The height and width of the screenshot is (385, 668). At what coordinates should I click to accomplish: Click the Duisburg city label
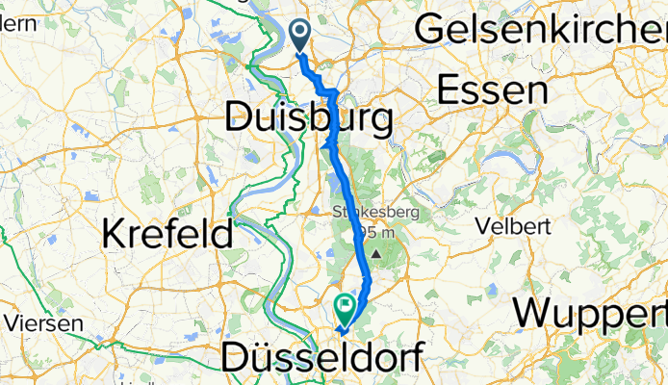pos(308,120)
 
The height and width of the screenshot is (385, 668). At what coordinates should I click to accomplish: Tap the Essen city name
pos(492,91)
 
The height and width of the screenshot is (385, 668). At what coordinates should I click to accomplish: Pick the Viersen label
pos(41,323)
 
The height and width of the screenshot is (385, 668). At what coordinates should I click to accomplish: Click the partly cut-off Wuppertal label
pos(590,315)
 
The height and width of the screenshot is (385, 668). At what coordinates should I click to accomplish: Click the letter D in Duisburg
pos(237,120)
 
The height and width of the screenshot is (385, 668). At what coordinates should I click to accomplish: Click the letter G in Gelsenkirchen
pos(427,31)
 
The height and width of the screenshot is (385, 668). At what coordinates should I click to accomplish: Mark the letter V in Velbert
pos(485,228)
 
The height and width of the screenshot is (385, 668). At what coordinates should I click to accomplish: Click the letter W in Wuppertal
pos(531,315)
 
